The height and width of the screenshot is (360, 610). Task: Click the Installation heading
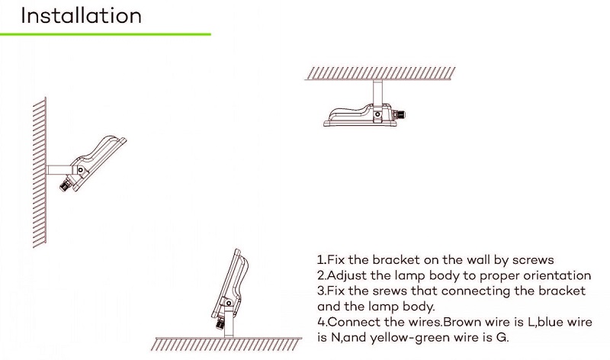[x=81, y=16]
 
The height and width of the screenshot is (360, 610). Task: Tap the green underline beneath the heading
[x=105, y=34]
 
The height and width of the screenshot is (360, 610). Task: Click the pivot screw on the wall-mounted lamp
[x=81, y=170]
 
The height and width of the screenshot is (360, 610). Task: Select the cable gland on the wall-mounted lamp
[x=66, y=184]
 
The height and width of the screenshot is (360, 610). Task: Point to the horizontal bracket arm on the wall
[x=59, y=170]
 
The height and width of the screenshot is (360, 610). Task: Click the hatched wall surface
[x=40, y=172]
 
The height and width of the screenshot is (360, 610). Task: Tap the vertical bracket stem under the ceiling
[x=377, y=92]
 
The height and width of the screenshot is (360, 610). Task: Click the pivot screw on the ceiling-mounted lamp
[x=377, y=114]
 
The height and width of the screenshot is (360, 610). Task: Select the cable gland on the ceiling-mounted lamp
[x=399, y=115]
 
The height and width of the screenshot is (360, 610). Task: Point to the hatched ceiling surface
[x=380, y=73]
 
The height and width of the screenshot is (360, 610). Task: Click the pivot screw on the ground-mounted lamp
[x=229, y=304]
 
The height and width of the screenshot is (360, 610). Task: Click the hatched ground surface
[x=226, y=344]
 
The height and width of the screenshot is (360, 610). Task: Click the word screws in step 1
[x=533, y=260]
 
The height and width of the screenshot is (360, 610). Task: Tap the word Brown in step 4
[x=464, y=323]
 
